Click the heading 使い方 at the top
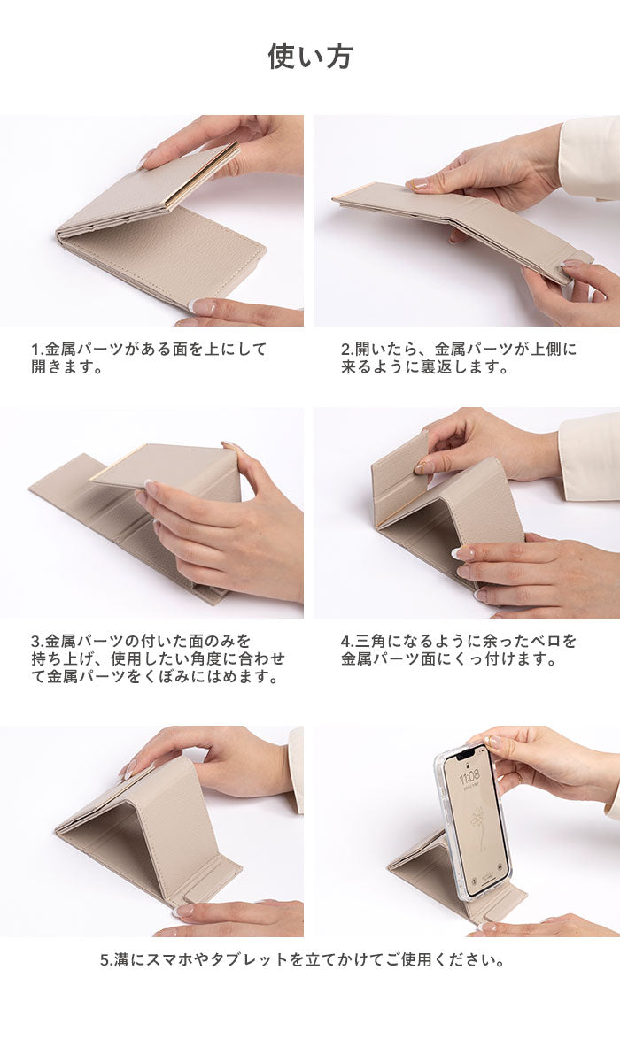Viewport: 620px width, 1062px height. [x=310, y=57]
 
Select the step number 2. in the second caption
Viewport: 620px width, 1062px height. [x=348, y=350]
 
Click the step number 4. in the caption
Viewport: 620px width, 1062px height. [x=348, y=642]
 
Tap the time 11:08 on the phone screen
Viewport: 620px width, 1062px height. [x=469, y=776]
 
